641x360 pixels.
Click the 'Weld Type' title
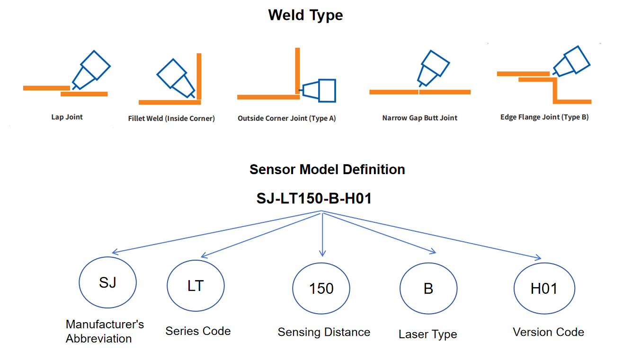[305, 15]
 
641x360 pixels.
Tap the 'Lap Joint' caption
[67, 117]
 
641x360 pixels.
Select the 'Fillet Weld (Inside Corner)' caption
[171, 118]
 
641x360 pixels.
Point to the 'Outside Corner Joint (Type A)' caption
[287, 118]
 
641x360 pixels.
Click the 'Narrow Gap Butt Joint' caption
[420, 118]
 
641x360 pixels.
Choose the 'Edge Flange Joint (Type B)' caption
[544, 117]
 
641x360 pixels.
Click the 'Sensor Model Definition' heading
[327, 169]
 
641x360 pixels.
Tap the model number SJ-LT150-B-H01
[314, 198]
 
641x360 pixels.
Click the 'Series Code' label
[198, 331]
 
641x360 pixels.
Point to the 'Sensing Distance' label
[324, 332]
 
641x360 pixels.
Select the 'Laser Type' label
[428, 334]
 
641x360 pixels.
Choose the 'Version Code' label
[548, 332]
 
